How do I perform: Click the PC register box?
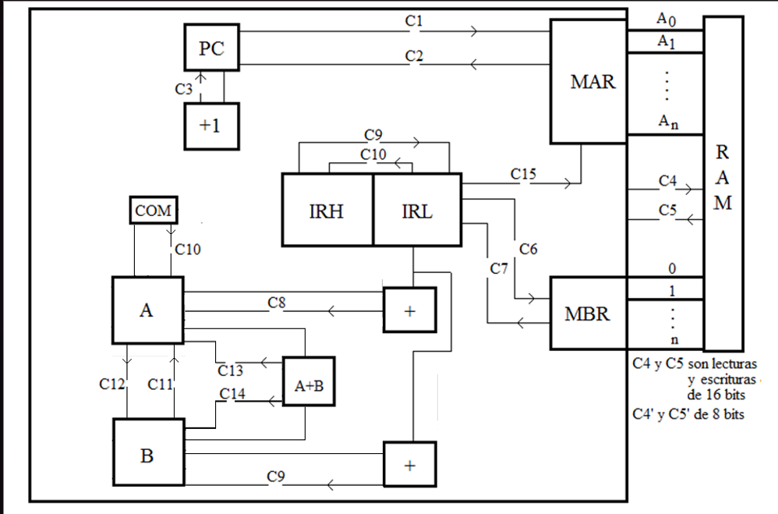click(211, 48)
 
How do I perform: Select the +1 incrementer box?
click(211, 125)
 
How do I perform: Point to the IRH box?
click(327, 209)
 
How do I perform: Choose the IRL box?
click(417, 209)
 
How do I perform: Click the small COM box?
click(153, 211)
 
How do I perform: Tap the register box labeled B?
click(148, 456)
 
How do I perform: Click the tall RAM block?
click(723, 183)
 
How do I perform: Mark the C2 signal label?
click(415, 56)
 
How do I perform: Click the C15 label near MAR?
click(523, 174)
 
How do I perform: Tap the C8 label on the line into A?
click(278, 301)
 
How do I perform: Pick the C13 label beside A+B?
click(231, 369)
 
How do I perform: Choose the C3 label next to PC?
click(184, 89)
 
